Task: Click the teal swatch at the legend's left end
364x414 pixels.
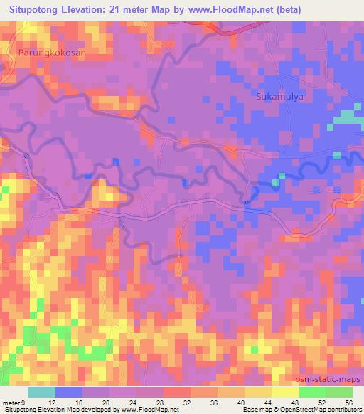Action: [x=42, y=392]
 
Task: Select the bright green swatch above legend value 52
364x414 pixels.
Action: [x=311, y=392]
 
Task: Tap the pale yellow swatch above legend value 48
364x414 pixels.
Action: [x=284, y=392]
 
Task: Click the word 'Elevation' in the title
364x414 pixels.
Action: [x=88, y=10]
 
